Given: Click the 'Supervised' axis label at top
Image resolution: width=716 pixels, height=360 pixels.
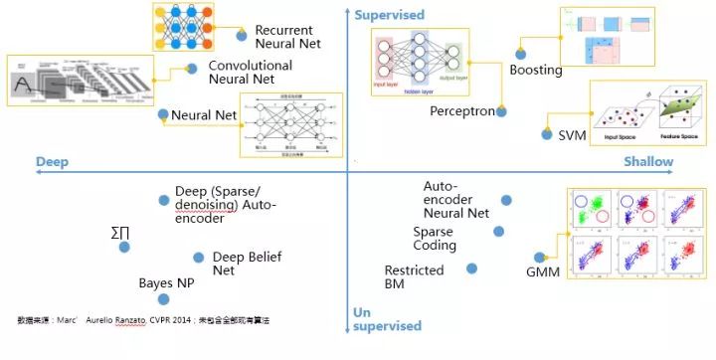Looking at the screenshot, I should pos(389,15).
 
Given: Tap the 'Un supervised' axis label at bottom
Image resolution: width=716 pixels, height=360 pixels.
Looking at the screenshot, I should pos(387,317).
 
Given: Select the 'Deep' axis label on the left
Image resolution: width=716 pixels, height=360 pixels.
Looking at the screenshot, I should pos(51,161).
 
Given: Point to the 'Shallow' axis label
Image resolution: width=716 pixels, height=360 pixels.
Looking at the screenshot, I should pos(648,161).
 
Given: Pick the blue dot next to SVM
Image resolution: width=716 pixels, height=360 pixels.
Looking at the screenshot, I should pos(547,133).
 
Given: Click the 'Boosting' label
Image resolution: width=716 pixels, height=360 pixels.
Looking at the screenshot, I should pos(536,71).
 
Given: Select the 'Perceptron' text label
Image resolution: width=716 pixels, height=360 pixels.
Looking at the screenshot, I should pos(461,111).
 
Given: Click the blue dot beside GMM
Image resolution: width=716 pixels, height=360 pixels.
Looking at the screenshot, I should pos(540,257).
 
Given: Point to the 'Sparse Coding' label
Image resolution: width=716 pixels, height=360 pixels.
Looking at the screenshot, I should pos(435,239).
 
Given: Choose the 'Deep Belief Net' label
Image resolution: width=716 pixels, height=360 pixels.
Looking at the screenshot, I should pos(247,263).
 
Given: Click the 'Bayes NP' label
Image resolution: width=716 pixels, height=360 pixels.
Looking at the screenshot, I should pos(166,283).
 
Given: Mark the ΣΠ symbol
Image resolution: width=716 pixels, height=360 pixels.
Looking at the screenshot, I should pos(119,234).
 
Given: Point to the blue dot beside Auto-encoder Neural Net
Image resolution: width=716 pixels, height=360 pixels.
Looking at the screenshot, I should pos(506,200).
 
